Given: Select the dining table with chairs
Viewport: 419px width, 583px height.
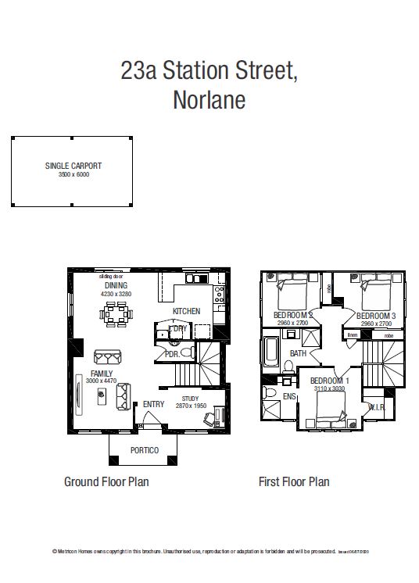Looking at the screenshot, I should pos(118,314).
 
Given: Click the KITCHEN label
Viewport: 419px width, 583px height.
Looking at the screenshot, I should pos(187,311).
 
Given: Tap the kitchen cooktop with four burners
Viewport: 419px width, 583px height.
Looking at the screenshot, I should pos(220,295).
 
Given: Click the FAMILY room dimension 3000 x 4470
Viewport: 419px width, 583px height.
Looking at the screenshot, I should pos(102,381).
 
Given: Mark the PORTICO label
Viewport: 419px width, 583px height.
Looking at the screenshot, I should pos(145,451).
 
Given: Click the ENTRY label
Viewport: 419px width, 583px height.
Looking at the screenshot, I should pos(153,404).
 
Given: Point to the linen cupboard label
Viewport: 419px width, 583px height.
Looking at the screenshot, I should pos(353,335).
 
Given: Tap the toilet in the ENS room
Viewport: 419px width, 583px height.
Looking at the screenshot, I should pos(269,392).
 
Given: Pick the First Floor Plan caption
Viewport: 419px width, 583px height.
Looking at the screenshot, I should pos(294,482).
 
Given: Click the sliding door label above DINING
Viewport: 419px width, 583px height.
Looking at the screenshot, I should pos(111,277).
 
